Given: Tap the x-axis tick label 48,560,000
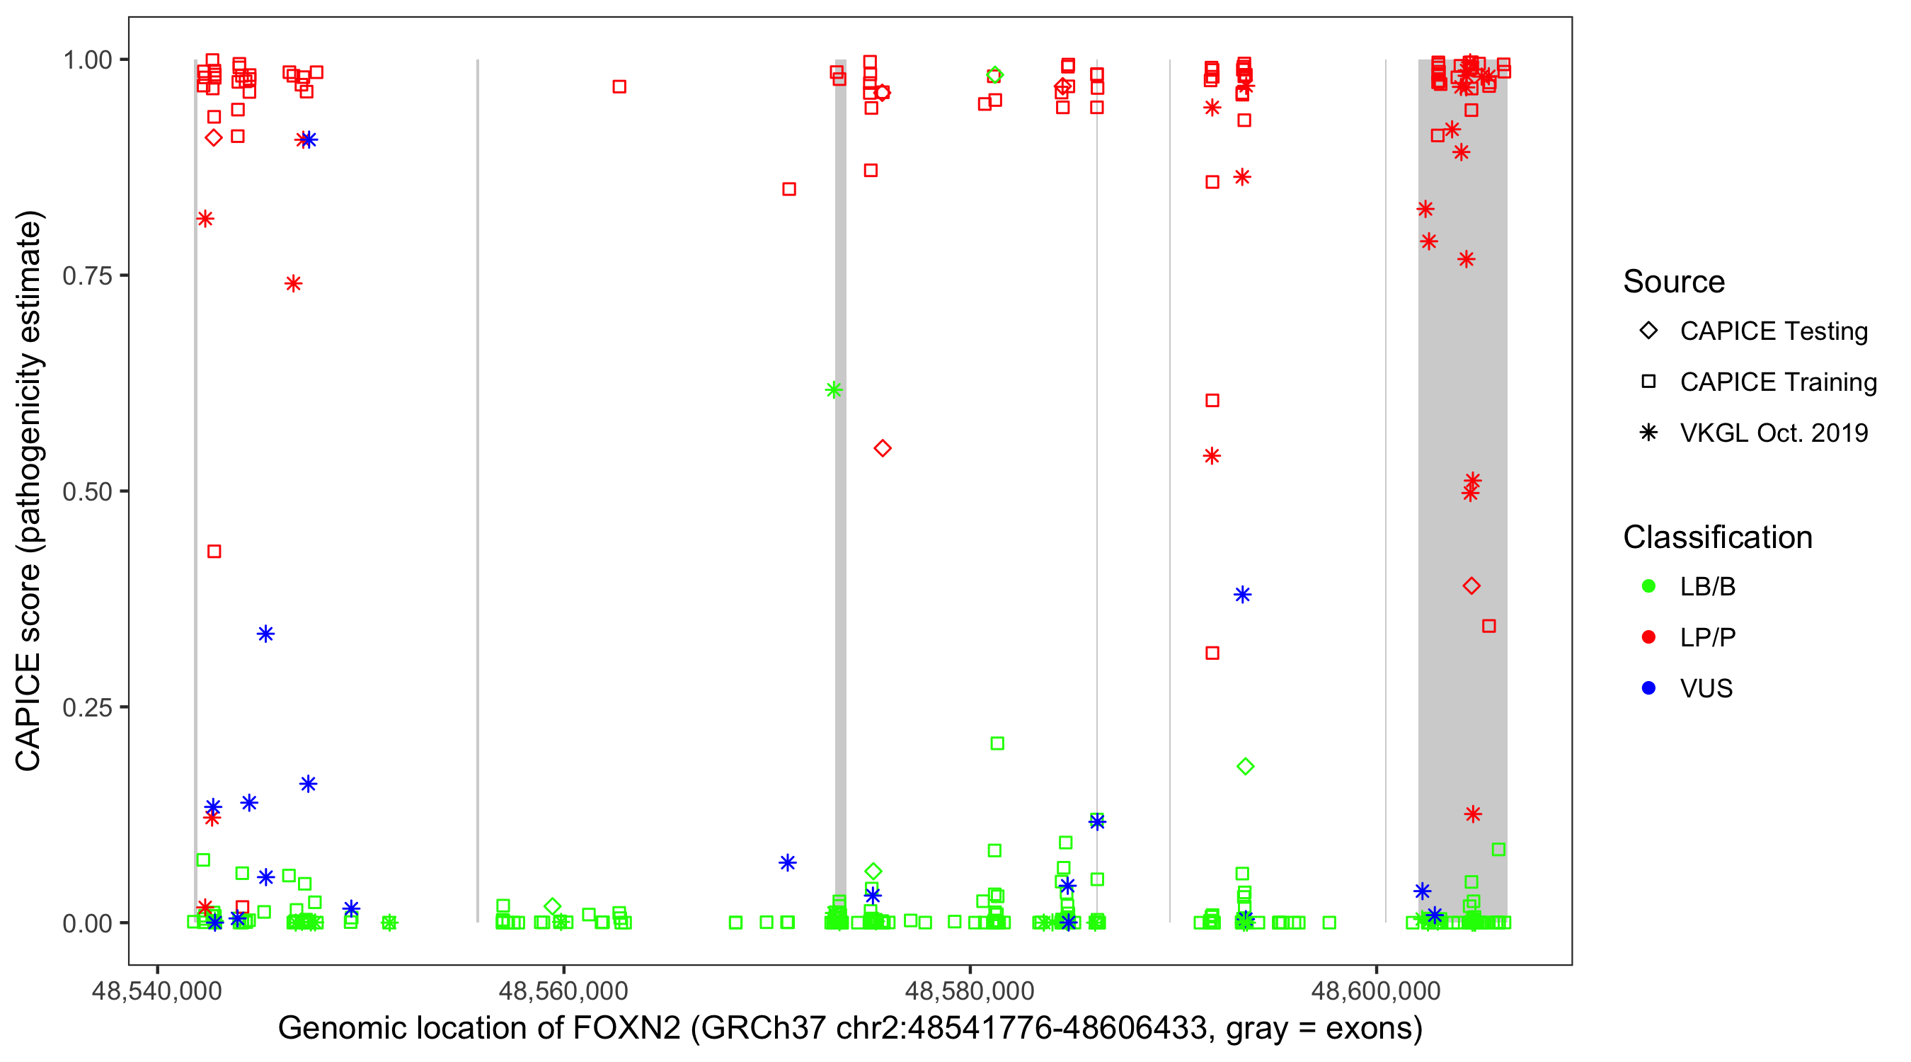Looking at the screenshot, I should click(x=563, y=990).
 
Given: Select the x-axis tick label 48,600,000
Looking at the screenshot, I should click(x=1376, y=990).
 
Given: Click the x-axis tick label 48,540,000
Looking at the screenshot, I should click(x=156, y=990).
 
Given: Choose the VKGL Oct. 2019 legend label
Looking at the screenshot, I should click(x=1774, y=433).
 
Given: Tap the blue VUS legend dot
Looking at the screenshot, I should click(x=1648, y=688).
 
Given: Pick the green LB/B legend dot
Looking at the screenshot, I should click(x=1648, y=586).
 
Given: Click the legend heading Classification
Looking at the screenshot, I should click(x=1717, y=537).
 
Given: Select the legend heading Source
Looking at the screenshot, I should click(x=1674, y=282).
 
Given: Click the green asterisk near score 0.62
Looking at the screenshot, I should click(x=833, y=389).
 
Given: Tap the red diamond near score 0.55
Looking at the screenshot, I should click(x=882, y=448).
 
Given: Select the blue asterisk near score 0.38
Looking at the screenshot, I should click(x=1243, y=595).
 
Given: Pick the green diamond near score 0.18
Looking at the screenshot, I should click(x=1246, y=767).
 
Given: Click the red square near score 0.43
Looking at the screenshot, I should click(x=214, y=552).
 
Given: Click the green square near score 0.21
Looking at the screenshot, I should click(x=997, y=743).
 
